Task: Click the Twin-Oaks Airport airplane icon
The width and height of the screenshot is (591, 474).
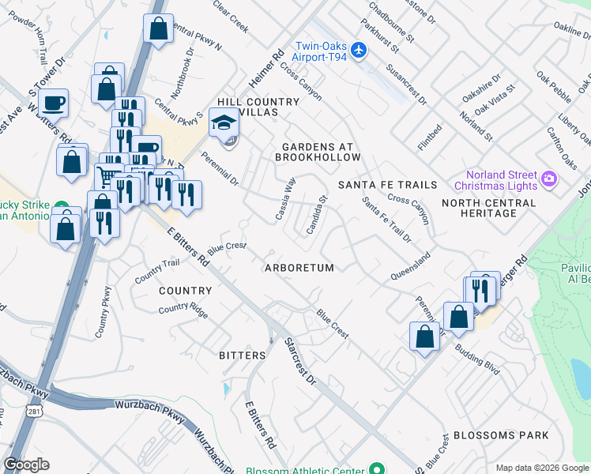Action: click(x=359, y=51)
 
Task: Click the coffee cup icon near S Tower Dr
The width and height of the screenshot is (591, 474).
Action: click(x=54, y=102)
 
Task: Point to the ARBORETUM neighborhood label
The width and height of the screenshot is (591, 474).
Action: click(x=299, y=268)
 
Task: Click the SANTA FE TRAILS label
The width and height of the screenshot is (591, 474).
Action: click(x=387, y=185)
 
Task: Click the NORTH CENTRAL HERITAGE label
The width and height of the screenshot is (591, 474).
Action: click(x=488, y=209)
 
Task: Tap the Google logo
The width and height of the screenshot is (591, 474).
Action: click(x=27, y=465)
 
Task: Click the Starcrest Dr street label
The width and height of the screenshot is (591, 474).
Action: click(x=299, y=363)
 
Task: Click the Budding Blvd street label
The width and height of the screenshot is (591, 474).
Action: click(x=476, y=361)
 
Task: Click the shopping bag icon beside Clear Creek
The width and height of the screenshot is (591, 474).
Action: click(x=159, y=28)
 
